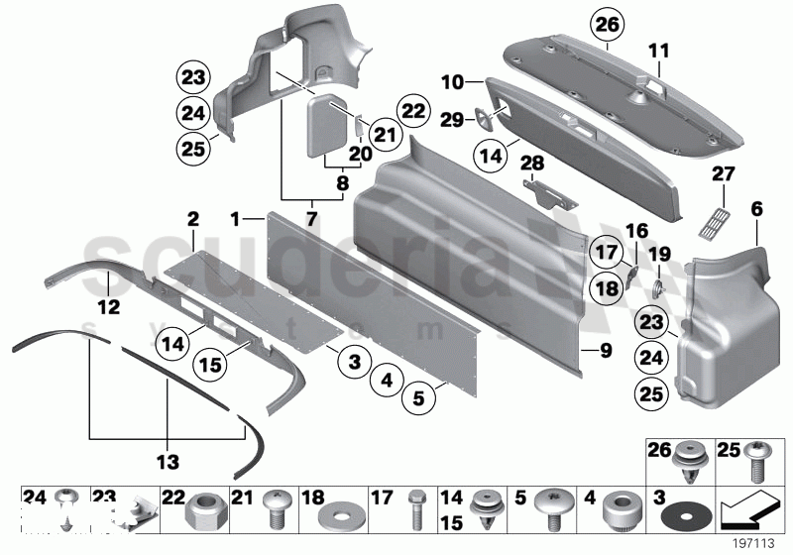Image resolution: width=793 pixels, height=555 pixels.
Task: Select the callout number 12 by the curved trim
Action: (x=108, y=308)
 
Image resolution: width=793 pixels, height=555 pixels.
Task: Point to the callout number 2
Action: (x=193, y=217)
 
